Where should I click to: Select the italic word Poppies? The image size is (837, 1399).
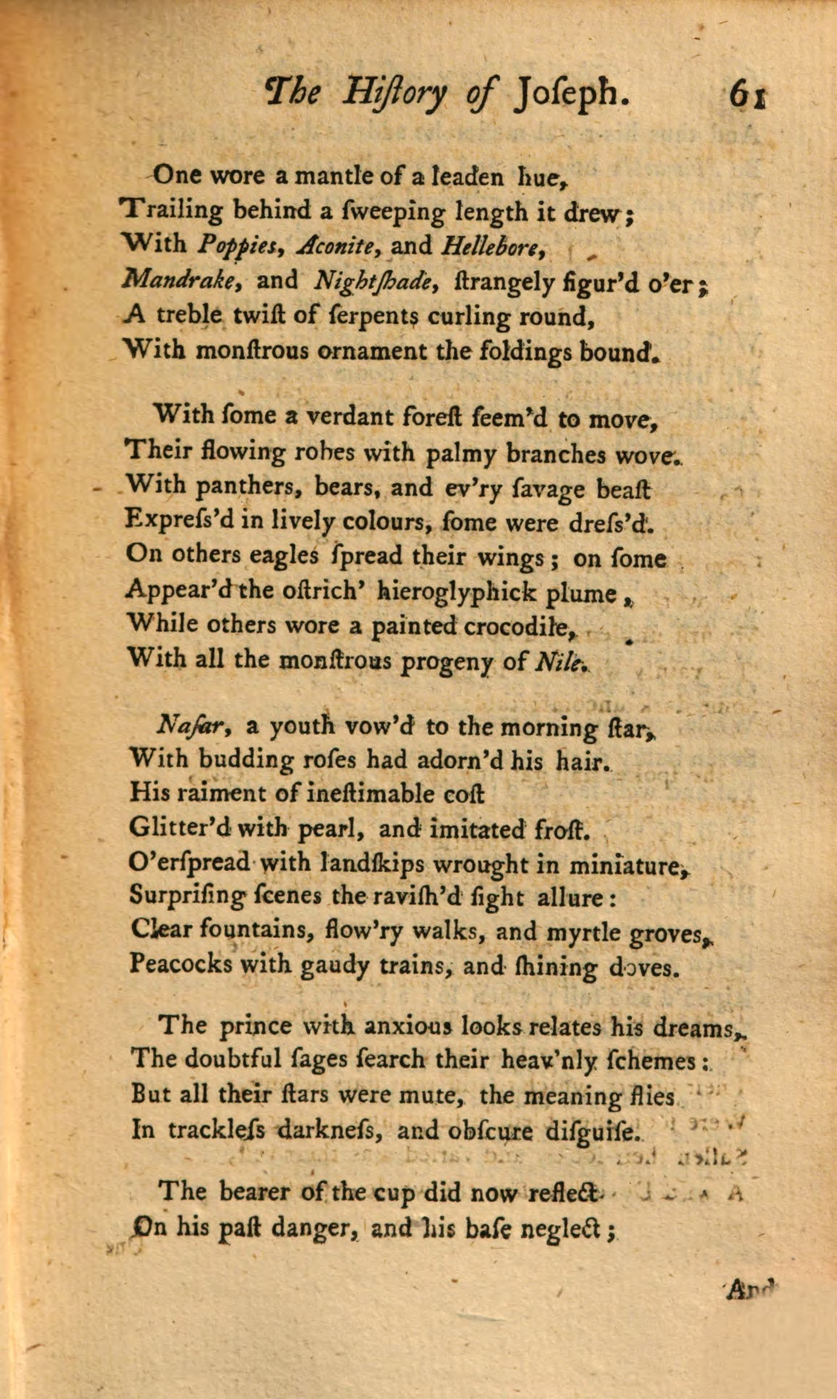[235, 247]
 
